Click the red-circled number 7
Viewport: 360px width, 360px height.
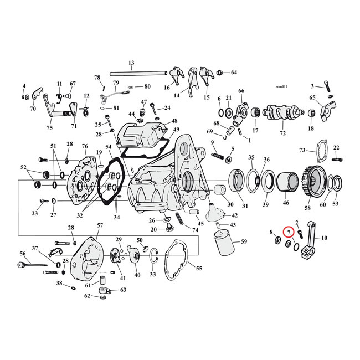click(289, 233)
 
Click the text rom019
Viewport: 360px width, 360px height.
click(281, 86)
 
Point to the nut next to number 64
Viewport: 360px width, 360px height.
click(220, 73)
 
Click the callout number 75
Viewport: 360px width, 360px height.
click(50, 128)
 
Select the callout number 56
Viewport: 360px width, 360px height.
click(23, 254)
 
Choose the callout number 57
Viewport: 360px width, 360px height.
click(100, 225)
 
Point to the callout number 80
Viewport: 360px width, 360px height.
click(147, 86)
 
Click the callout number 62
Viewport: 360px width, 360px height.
click(88, 296)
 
